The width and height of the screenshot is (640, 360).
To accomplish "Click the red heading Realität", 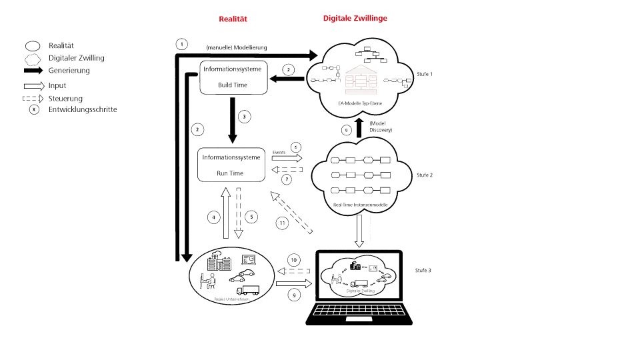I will pyautogui.click(x=233, y=19).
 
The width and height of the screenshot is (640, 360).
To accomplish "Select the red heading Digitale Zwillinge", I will pyautogui.click(x=355, y=19).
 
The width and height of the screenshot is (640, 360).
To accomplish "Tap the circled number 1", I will pyautogui.click(x=181, y=45).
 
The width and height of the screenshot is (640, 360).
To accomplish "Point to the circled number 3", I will pyautogui.click(x=245, y=117).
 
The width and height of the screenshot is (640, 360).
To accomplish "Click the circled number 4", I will pyautogui.click(x=213, y=217).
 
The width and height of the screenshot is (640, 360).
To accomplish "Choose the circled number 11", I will pyautogui.click(x=283, y=223).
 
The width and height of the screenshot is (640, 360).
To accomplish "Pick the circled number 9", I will pyautogui.click(x=293, y=293).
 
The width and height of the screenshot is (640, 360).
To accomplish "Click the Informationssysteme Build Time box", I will pyautogui.click(x=234, y=77).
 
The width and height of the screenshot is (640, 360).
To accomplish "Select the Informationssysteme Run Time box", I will pyautogui.click(x=231, y=165).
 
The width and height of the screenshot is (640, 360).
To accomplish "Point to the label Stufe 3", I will pyautogui.click(x=423, y=271).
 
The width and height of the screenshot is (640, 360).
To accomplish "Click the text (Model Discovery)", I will pyautogui.click(x=381, y=126).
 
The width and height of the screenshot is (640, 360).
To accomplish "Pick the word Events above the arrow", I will pyautogui.click(x=279, y=152).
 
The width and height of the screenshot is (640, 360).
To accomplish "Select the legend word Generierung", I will pyautogui.click(x=69, y=71).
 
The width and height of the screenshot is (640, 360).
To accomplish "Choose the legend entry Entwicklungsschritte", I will pyautogui.click(x=83, y=109).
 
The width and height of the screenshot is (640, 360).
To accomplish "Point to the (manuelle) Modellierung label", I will pyautogui.click(x=236, y=47).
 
